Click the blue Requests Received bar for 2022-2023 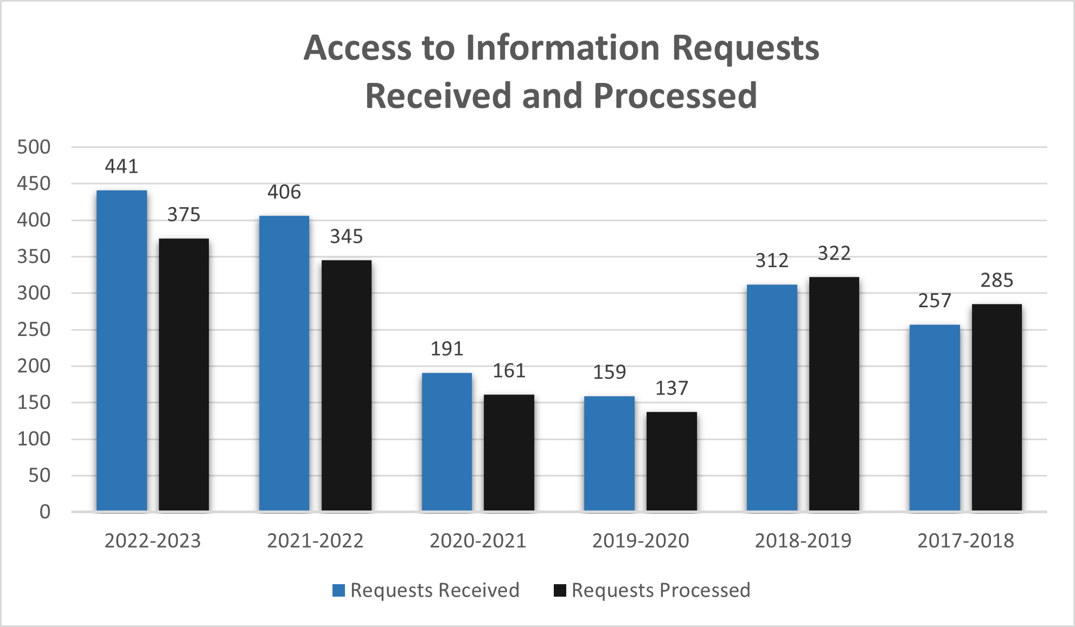click(121, 350)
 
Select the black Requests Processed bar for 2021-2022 click(347, 385)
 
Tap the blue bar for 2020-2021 click(447, 442)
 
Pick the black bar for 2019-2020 click(671, 461)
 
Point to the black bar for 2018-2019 click(834, 394)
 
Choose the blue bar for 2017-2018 click(935, 418)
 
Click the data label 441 click(121, 166)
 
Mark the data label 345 click(347, 236)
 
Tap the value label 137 click(671, 388)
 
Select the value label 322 click(834, 253)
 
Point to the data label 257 click(935, 301)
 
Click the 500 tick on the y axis click(34, 147)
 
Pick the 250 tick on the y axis click(34, 329)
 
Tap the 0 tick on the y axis click(45, 512)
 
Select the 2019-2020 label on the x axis click(641, 541)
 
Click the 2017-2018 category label click(965, 541)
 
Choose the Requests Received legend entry click(434, 590)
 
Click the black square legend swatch click(560, 590)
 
